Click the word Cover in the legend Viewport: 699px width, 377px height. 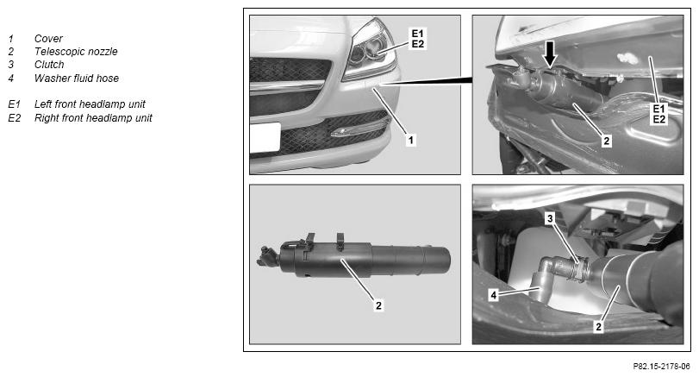[48, 39]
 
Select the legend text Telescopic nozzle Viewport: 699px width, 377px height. [76, 52]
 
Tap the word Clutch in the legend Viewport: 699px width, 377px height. [49, 65]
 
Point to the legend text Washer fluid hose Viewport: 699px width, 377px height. [77, 79]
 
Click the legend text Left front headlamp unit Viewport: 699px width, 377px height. [90, 104]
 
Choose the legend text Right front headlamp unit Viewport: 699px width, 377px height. [93, 118]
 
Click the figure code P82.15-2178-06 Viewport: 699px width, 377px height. [662, 367]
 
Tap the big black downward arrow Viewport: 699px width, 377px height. [551, 54]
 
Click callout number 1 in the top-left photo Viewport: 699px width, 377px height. [410, 140]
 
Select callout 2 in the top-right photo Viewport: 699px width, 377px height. [606, 141]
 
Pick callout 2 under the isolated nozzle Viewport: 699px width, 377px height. [378, 305]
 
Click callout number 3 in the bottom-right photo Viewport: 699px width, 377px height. [550, 218]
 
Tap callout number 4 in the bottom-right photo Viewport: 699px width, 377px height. [493, 295]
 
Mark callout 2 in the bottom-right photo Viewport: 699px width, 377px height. [599, 327]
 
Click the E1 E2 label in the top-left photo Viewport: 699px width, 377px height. [418, 39]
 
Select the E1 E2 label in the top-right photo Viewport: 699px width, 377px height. [658, 114]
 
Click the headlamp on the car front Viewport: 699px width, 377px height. [371, 50]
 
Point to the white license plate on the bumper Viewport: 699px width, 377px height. [265, 138]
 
